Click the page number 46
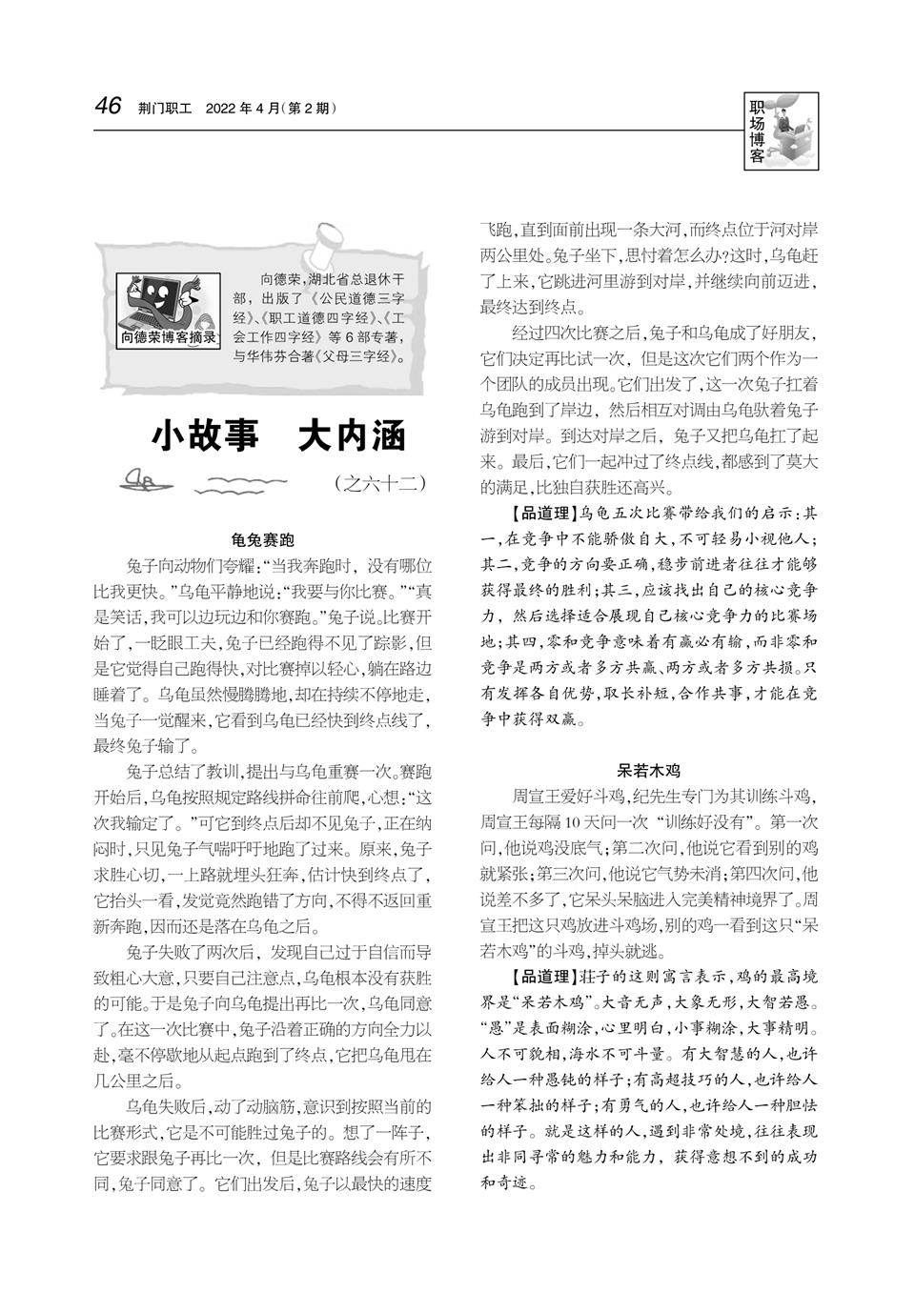pyautogui.click(x=108, y=106)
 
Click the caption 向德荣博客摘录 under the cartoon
pyautogui.click(x=168, y=336)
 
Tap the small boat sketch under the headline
pyautogui.click(x=149, y=479)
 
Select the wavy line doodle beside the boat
pyautogui.click(x=234, y=484)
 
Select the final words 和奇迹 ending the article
pyautogui.click(x=506, y=1183)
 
